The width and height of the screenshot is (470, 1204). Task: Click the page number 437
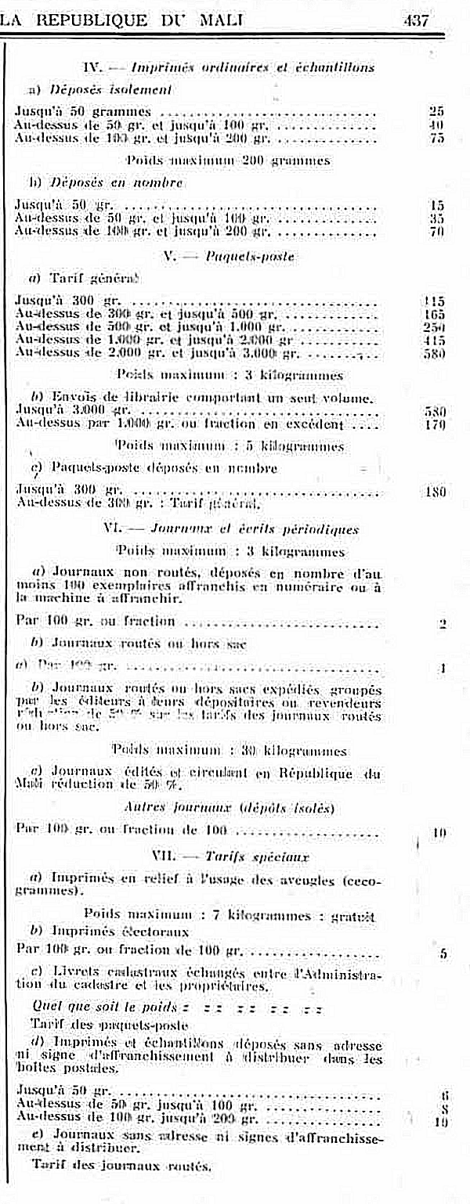(x=416, y=21)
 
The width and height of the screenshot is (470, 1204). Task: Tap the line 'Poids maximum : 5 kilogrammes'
(x=229, y=446)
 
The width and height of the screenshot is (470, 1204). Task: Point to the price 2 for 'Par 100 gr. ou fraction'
(x=443, y=623)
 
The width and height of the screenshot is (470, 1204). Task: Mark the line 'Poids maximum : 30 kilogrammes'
(x=229, y=751)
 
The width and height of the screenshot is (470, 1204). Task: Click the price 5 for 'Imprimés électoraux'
(x=443, y=953)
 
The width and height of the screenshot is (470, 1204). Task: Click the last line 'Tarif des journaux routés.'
(x=121, y=1165)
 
